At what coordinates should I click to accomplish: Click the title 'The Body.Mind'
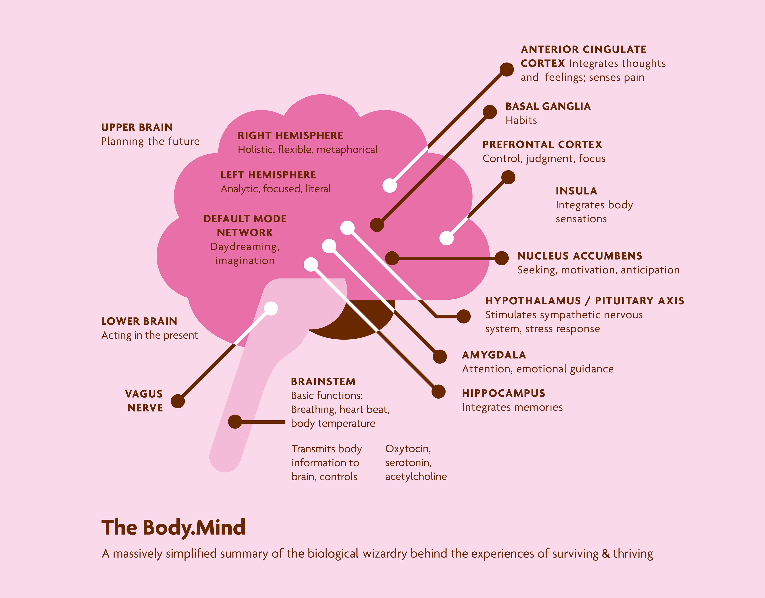click(173, 528)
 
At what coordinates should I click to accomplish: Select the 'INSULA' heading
click(576, 191)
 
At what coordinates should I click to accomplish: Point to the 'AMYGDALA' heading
click(494, 355)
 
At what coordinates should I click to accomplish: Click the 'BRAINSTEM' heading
click(323, 381)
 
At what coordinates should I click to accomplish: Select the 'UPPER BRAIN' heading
click(137, 127)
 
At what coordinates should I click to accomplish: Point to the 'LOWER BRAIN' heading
click(139, 321)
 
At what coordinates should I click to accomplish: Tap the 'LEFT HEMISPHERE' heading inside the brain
click(268, 175)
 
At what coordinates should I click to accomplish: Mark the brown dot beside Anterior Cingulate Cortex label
click(506, 69)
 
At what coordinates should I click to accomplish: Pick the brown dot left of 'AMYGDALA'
click(440, 357)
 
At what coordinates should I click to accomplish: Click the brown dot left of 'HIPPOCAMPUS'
click(438, 392)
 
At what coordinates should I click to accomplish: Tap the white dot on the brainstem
click(271, 309)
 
